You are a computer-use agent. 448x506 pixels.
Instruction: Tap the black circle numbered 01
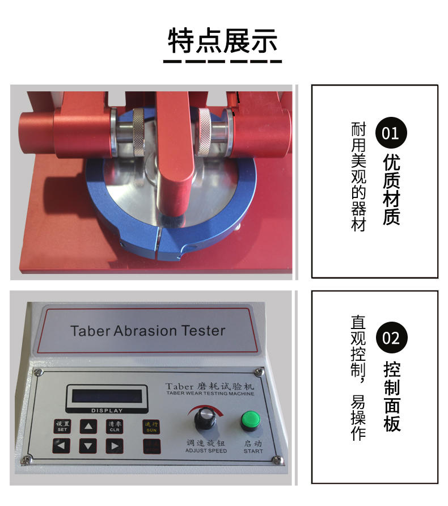tap(391, 134)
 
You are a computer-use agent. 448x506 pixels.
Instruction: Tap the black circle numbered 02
tap(391, 338)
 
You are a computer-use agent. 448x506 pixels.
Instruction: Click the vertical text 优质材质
tap(391, 189)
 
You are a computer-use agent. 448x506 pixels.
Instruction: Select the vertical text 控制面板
tap(391, 396)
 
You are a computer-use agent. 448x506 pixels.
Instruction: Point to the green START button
tap(248, 421)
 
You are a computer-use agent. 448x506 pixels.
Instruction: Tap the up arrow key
tap(88, 427)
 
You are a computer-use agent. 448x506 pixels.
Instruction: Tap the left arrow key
tap(61, 446)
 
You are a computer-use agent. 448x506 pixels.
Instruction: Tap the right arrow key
tap(115, 446)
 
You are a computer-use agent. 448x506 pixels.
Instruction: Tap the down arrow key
tap(88, 446)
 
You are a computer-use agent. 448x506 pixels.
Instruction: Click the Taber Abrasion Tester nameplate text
tap(147, 331)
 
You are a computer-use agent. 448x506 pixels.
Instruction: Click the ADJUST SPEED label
tap(206, 451)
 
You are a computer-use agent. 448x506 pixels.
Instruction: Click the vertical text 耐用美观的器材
tap(358, 176)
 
